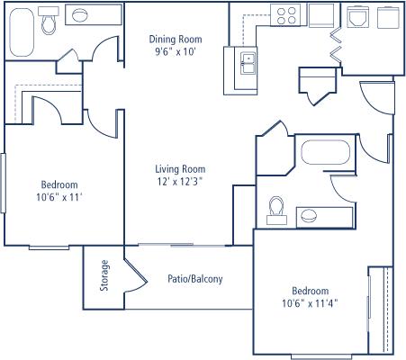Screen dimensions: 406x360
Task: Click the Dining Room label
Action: [176, 40]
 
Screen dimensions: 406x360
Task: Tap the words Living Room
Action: [180, 169]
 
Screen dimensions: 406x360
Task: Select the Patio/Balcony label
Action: [195, 279]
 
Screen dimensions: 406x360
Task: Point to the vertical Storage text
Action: [104, 275]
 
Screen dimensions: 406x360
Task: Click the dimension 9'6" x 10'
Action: [176, 52]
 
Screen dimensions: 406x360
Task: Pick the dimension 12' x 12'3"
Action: [180, 182]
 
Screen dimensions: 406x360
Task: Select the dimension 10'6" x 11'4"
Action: [310, 303]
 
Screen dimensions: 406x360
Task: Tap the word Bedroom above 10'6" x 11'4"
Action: [311, 291]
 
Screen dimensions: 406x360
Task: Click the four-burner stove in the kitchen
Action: [286, 15]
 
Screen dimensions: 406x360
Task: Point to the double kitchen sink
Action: [248, 62]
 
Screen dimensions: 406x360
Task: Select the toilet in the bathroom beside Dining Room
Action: [49, 20]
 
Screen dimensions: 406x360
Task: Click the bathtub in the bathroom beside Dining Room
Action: [22, 31]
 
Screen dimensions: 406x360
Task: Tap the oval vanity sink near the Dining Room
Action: [80, 15]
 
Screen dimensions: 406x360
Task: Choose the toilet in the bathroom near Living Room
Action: [276, 211]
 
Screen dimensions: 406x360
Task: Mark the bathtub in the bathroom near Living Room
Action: [326, 152]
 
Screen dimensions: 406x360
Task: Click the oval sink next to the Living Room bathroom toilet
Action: [309, 215]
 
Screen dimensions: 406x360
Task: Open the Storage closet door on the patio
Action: [136, 275]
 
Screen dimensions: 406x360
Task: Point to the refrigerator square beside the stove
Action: [321, 15]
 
